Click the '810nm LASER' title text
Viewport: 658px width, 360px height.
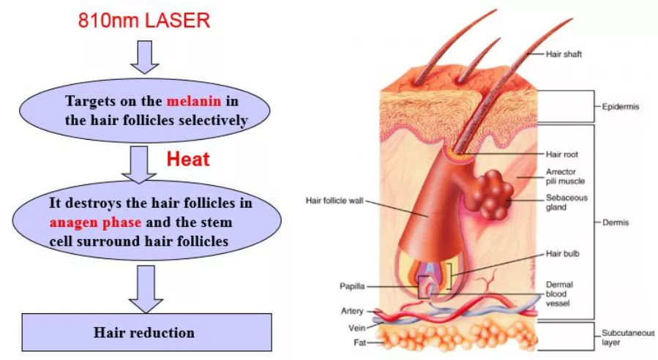click(x=143, y=20)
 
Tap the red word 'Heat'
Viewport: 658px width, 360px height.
click(x=188, y=159)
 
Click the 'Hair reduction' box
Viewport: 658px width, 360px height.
click(x=144, y=333)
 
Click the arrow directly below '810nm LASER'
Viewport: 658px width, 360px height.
click(x=144, y=57)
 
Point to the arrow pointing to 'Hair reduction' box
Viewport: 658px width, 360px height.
click(x=144, y=287)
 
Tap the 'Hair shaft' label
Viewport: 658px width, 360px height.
click(x=564, y=54)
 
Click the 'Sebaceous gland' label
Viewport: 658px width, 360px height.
click(x=566, y=202)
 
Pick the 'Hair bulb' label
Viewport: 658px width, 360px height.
click(x=561, y=254)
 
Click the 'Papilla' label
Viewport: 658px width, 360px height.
click(x=352, y=286)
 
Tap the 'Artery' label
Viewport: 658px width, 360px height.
click(x=352, y=312)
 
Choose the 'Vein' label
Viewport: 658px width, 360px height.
click(x=356, y=327)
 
